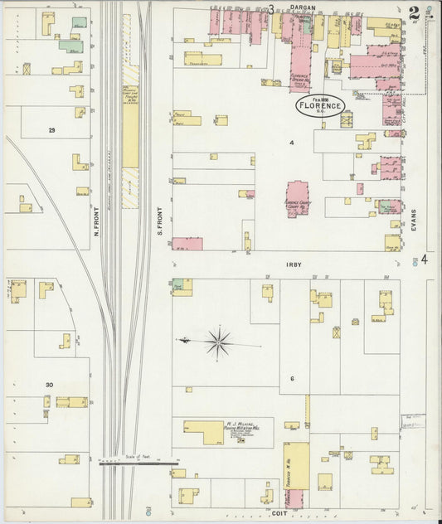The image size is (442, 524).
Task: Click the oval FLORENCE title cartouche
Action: click(320, 105)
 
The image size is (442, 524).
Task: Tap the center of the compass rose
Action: click(218, 341)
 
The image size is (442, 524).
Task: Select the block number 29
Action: click(51, 130)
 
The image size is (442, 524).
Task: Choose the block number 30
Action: click(50, 385)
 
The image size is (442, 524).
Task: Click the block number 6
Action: click(292, 378)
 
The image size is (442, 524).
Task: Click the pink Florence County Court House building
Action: click(298, 198)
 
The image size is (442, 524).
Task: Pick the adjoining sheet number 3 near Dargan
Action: click(270, 9)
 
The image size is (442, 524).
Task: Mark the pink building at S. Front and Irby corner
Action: click(187, 244)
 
